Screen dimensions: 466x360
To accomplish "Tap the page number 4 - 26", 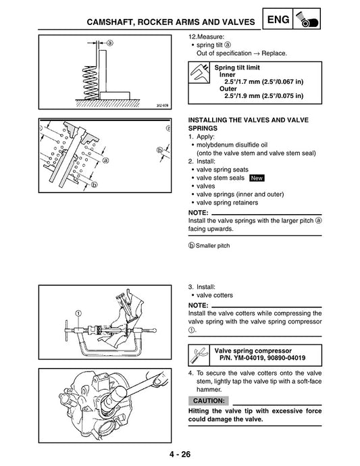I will [x=180, y=453].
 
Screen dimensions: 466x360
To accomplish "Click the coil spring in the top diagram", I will [x=86, y=72].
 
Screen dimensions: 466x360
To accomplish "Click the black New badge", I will [x=257, y=178].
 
